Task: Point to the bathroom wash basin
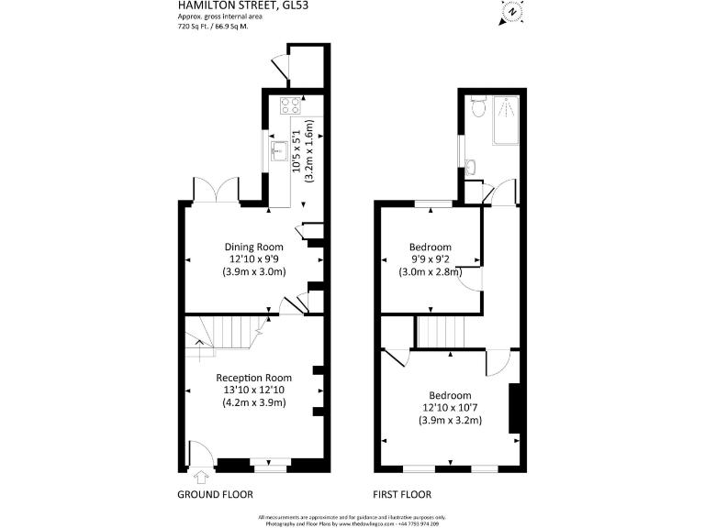point(470,166)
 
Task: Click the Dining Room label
point(254,247)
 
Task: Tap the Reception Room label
point(253,378)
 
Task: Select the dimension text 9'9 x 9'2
point(430,259)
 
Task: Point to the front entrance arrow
point(202,475)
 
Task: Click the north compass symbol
point(510,13)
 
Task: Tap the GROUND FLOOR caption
point(215,495)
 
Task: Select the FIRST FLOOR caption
point(401,495)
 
